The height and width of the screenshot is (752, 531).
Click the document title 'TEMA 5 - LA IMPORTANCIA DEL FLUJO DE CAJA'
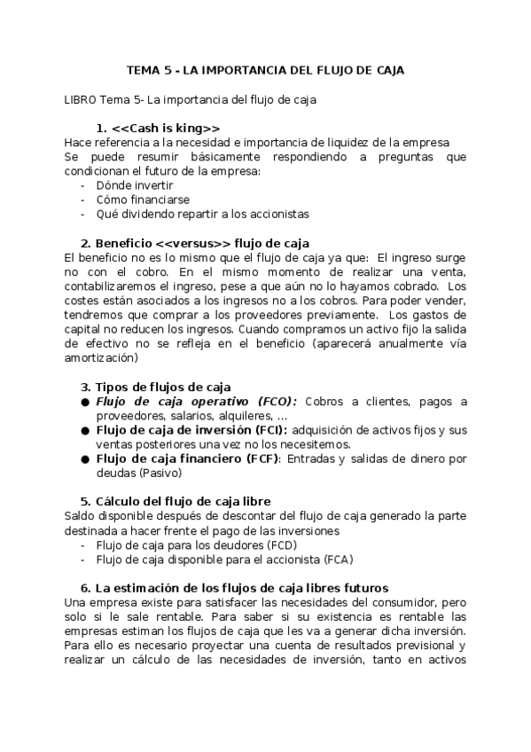pos(265,70)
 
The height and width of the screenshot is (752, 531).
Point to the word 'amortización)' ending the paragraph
pos(101,357)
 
